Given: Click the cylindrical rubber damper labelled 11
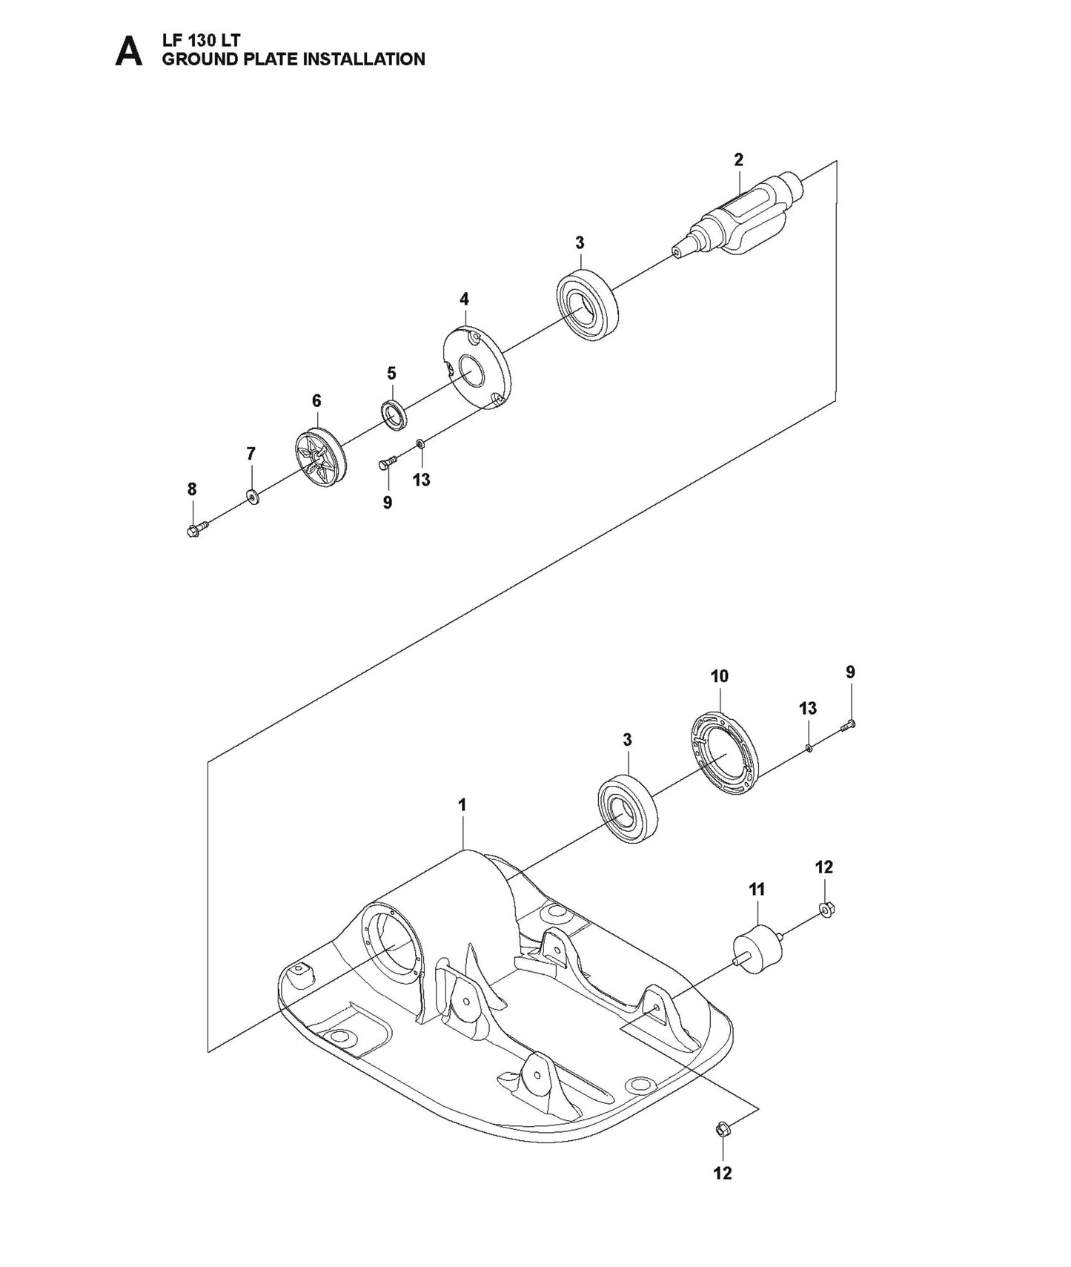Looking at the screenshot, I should (x=757, y=950).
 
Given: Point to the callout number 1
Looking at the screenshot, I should (x=462, y=804).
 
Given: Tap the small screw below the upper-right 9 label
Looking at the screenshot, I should (x=849, y=725).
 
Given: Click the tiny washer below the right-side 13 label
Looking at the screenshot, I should (x=809, y=748).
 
